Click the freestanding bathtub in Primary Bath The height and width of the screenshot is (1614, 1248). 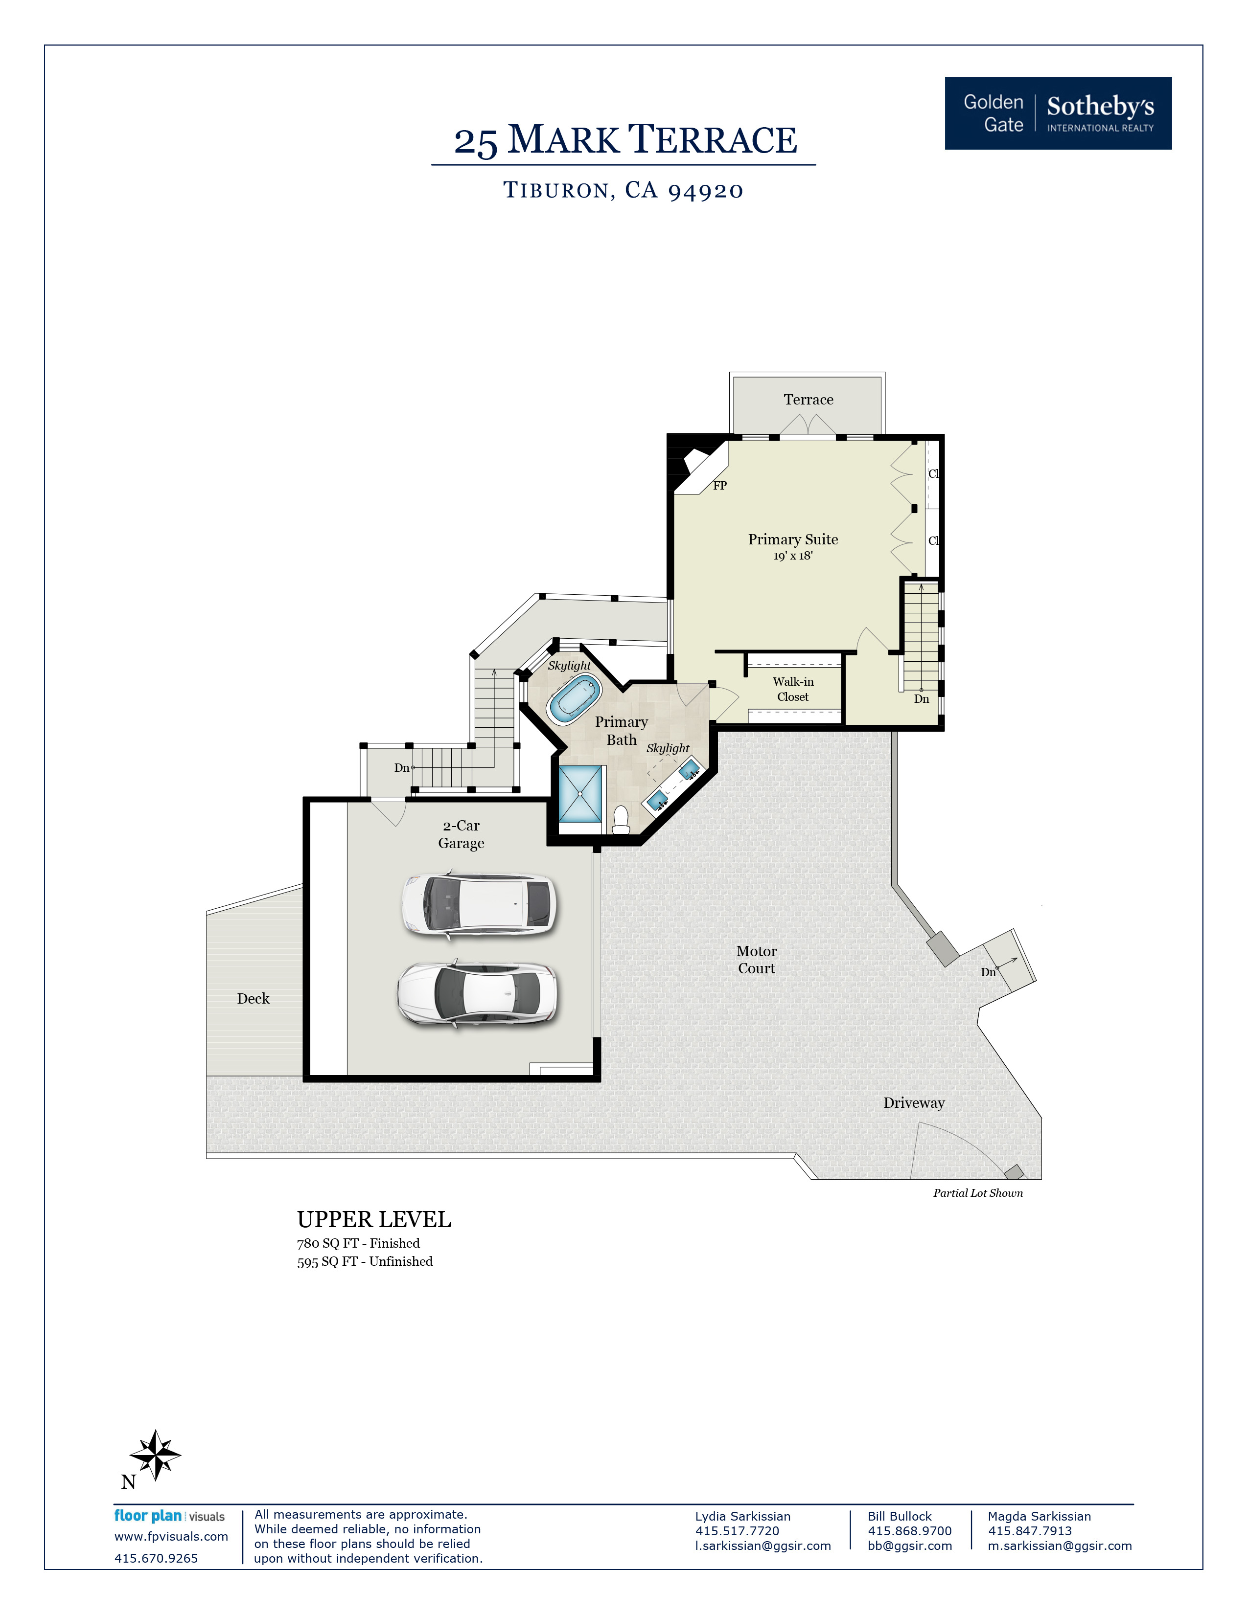click(x=574, y=699)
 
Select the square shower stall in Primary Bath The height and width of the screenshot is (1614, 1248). click(x=580, y=794)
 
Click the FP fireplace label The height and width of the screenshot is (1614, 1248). click(x=719, y=486)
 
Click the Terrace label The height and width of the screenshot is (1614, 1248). click(x=808, y=400)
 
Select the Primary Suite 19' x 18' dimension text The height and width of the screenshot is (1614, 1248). click(x=792, y=556)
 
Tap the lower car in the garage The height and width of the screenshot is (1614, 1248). click(x=478, y=994)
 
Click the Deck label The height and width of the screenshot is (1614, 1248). click(x=253, y=998)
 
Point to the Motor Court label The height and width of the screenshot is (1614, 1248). click(x=756, y=959)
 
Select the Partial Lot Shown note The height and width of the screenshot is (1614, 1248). click(x=977, y=1193)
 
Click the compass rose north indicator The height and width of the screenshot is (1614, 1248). click(x=155, y=1455)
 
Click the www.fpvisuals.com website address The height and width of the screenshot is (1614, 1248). click(x=171, y=1536)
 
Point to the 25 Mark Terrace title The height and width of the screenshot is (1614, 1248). click(x=625, y=140)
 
